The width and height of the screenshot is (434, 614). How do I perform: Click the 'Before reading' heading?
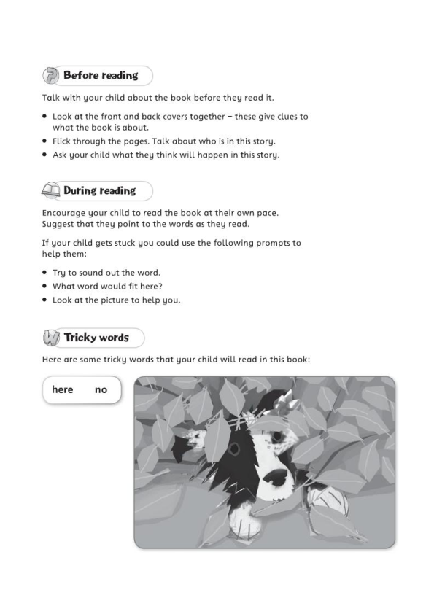coord(101,75)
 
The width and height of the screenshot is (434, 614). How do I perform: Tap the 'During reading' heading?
coord(99,191)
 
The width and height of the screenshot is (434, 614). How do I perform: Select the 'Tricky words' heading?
coord(96,338)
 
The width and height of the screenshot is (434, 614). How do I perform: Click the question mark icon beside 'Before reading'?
coord(52,76)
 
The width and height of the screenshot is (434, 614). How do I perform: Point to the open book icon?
coord(51,192)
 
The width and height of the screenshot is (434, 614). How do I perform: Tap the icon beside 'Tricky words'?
coord(52,338)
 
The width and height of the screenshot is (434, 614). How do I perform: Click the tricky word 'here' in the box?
coord(63,389)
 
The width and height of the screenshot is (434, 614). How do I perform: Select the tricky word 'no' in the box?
coord(101,389)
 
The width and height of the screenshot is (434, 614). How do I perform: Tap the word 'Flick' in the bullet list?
coord(64,141)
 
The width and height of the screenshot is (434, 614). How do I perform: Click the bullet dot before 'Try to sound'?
coord(45,272)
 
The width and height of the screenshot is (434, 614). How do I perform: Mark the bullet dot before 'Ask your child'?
coord(45,155)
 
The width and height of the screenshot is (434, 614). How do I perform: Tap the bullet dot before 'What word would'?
coord(45,286)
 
